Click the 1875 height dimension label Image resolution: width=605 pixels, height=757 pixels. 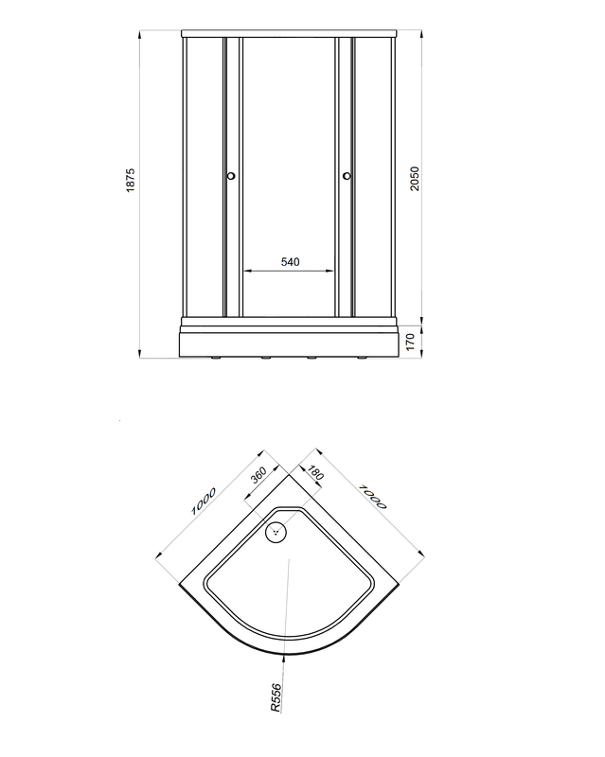tap(131, 181)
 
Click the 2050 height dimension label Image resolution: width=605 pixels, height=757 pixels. tap(415, 179)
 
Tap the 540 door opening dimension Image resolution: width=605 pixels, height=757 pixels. tap(290, 262)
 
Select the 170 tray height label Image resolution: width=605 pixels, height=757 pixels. tap(410, 342)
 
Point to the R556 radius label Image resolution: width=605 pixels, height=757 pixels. tap(276, 697)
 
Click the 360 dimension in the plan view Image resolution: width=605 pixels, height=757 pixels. tap(259, 475)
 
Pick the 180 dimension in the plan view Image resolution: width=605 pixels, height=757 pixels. tap(315, 472)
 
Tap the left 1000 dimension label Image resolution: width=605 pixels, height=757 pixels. tap(204, 502)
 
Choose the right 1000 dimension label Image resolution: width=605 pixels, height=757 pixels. tap(373, 497)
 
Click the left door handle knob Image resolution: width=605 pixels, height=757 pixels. tap(231, 176)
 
